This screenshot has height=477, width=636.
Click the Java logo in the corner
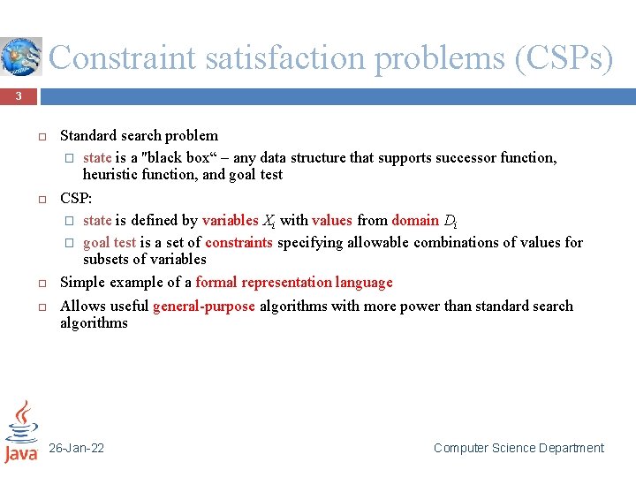pyautogui.click(x=21, y=432)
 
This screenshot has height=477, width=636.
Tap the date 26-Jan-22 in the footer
pyautogui.click(x=76, y=448)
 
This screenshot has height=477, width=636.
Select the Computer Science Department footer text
pyautogui.click(x=519, y=448)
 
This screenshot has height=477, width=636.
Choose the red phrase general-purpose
pyautogui.click(x=204, y=306)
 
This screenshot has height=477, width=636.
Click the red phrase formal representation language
pyautogui.click(x=294, y=283)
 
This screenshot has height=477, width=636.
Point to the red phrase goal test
pyautogui.click(x=110, y=242)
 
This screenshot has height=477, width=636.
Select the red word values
pyautogui.click(x=332, y=221)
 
